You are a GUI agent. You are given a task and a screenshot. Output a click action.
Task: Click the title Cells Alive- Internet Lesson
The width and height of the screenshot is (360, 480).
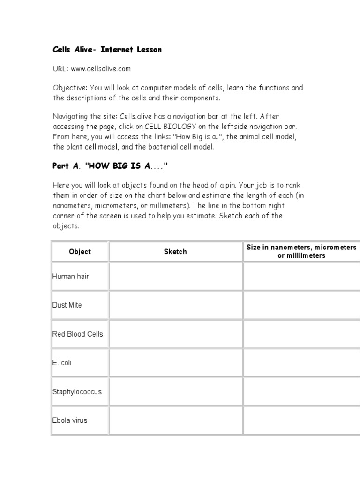(107, 50)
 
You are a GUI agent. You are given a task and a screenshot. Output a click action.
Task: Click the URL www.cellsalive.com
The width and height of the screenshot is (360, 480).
(101, 69)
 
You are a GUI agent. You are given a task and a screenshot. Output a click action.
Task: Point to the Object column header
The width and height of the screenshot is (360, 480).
(80, 252)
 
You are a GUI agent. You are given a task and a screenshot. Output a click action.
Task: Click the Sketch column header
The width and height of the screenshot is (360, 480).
(175, 252)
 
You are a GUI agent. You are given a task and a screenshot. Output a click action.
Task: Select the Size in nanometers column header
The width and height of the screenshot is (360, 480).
(301, 251)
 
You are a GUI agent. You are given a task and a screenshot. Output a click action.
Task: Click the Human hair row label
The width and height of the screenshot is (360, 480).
(70, 276)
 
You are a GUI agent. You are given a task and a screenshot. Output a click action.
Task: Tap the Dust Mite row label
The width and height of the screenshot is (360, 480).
(67, 305)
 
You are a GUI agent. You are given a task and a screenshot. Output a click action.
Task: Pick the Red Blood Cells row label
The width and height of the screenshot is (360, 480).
(77, 334)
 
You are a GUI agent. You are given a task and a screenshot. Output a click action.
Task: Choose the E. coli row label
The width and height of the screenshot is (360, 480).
(62, 363)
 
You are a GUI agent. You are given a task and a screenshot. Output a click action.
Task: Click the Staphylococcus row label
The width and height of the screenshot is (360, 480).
(77, 392)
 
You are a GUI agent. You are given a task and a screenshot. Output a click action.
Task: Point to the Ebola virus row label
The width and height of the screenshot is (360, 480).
(70, 420)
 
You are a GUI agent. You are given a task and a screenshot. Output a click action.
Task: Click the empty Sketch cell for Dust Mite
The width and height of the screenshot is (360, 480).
(175, 305)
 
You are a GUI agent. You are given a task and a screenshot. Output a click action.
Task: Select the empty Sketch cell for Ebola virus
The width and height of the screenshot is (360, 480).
(175, 420)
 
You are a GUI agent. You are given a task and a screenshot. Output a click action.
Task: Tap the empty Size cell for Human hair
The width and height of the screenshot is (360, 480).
(301, 276)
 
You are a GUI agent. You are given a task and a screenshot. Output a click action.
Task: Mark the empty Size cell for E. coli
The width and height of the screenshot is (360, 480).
(301, 363)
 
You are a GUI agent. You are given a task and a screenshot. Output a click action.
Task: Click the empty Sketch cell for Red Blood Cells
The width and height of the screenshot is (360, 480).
(175, 334)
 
